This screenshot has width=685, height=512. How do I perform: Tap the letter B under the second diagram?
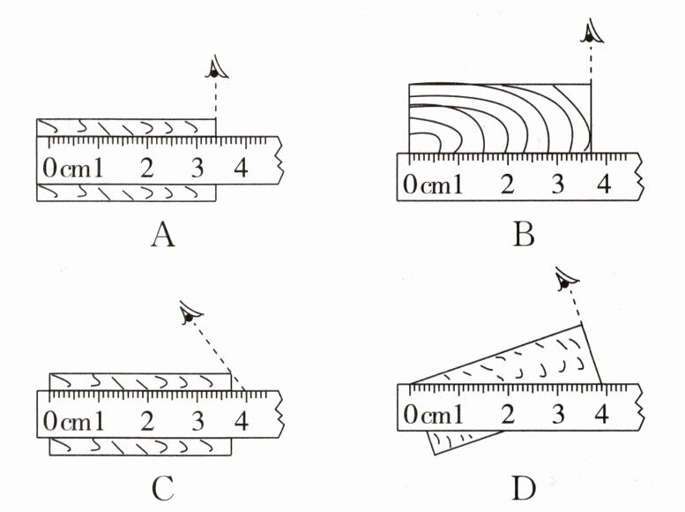524,235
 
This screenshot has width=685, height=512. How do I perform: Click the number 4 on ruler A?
240,168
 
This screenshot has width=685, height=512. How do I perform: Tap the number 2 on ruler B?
507,185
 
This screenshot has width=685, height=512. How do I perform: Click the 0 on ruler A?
48,168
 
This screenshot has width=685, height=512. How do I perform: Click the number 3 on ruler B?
556,185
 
